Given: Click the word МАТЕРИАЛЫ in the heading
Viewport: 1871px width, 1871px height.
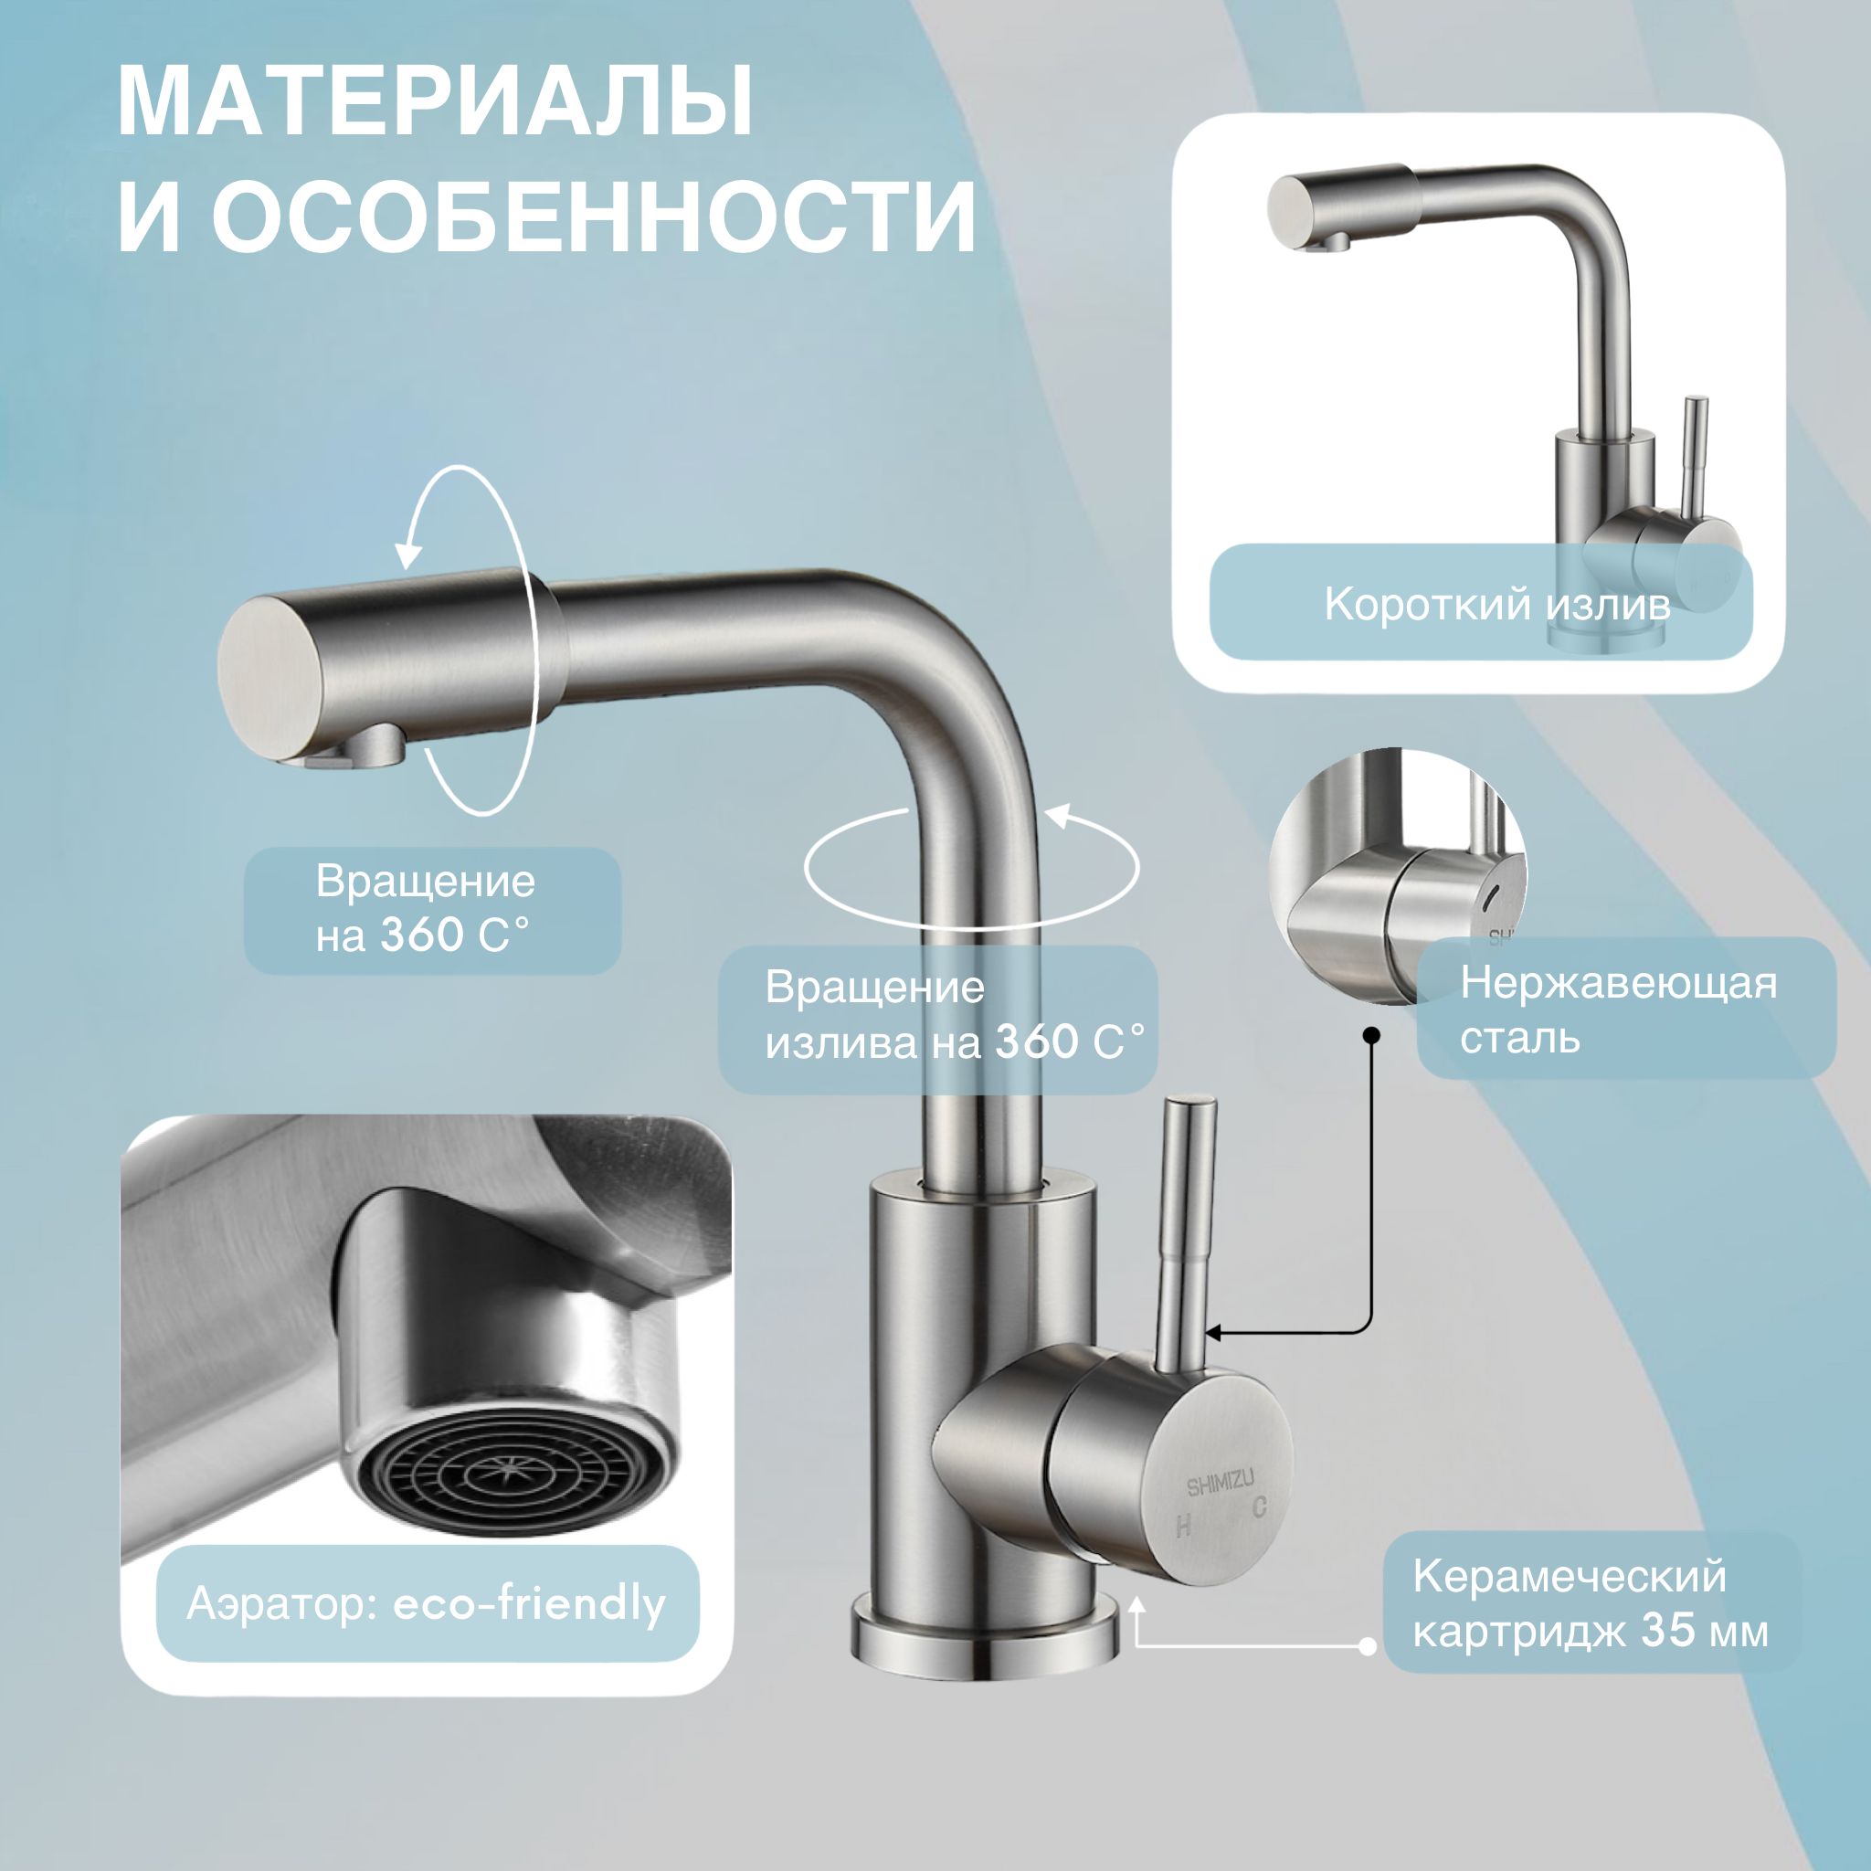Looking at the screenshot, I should coord(435,101).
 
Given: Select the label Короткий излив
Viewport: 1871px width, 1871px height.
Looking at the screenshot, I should coord(1496,604).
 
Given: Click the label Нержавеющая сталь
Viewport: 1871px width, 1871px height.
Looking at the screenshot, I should coord(1617,1009).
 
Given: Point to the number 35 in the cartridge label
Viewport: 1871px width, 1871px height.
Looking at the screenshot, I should coord(1667,1630).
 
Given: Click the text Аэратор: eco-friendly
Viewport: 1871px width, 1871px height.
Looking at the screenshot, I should coord(426,1603).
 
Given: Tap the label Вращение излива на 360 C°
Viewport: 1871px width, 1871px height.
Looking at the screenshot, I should coord(954,1015).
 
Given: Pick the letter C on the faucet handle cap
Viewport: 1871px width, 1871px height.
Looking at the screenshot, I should coord(1259,1506).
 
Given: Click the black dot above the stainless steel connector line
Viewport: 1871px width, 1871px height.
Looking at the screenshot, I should coord(1371,1035).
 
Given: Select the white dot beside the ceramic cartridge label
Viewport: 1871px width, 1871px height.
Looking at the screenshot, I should coord(1368,1646).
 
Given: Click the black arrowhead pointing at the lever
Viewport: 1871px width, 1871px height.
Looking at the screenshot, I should coord(1212,1334).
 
